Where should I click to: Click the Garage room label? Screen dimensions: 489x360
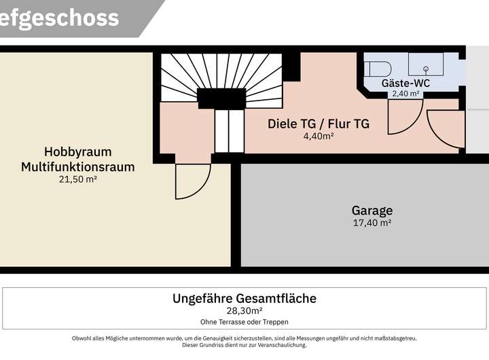[x=372, y=211]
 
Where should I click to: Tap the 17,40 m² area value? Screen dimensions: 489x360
[x=372, y=223]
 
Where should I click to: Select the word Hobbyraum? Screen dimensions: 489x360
[x=77, y=151]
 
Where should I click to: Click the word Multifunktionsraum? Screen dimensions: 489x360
[x=77, y=166]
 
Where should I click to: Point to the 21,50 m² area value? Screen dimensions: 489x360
[x=77, y=179]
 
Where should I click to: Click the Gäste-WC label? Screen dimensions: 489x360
[x=405, y=83]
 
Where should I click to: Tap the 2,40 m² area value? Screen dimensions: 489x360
[x=405, y=94]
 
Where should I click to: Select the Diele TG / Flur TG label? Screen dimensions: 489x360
[x=319, y=124]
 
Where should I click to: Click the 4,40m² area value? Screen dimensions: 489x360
[x=319, y=136]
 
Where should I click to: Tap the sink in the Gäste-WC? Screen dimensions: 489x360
[x=426, y=68]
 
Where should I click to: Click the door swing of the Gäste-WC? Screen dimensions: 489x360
[x=403, y=117]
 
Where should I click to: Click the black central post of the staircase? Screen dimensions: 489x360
[x=221, y=98]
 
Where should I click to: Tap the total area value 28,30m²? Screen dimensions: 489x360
[x=244, y=311]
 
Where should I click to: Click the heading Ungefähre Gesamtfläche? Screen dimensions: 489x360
[x=244, y=298]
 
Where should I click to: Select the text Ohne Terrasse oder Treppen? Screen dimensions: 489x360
[x=244, y=322]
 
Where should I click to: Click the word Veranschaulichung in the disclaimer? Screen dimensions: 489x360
[x=278, y=345]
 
